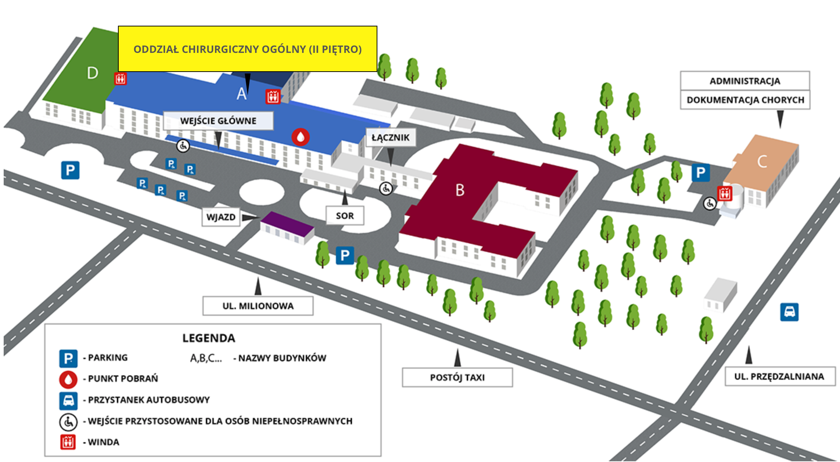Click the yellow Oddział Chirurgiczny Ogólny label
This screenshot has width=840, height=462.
point(247,49)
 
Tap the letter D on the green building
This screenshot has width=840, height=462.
point(93,73)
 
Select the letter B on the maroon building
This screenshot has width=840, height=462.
point(460,190)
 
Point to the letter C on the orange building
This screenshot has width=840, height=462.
point(762,161)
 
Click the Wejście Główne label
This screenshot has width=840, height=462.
point(218,121)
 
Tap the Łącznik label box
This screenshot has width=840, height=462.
point(391,138)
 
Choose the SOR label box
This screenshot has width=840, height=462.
point(345,216)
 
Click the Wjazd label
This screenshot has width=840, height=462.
point(221,217)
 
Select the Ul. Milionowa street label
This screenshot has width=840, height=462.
point(258,306)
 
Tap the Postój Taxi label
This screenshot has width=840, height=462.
point(457,377)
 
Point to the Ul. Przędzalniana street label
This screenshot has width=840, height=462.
point(780,376)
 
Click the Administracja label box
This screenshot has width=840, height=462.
point(745,81)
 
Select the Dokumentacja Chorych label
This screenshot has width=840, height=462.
point(745,100)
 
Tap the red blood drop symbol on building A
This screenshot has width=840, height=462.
point(301,137)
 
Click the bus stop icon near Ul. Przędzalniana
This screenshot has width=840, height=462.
point(789,312)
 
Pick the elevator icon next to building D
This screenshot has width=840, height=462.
point(121,79)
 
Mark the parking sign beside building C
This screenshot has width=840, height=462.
point(700,173)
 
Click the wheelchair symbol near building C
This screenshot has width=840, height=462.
point(710,203)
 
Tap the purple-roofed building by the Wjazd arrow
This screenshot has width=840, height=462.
point(287,227)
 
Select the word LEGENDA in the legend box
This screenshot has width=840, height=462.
point(209,338)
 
